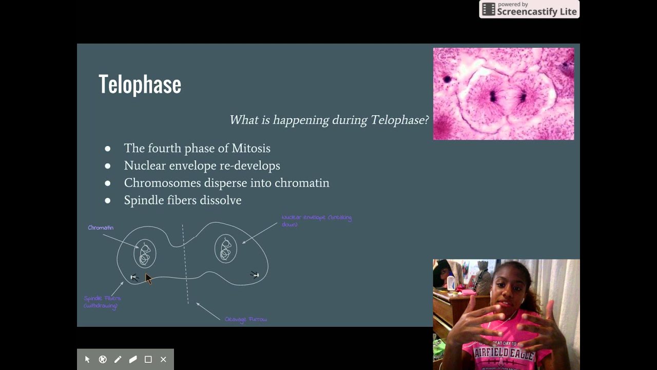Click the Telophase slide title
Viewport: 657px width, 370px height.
click(140, 84)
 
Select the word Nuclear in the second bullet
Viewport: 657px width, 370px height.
click(143, 165)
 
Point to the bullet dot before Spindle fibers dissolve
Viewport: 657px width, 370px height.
click(107, 200)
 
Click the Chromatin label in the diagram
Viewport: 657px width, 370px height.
click(101, 228)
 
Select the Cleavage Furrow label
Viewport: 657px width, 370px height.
click(245, 319)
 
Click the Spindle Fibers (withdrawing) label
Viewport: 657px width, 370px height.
click(102, 302)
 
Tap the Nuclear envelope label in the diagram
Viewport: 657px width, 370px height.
click(316, 220)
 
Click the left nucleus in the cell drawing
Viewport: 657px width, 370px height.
click(145, 253)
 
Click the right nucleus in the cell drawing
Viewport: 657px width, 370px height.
click(225, 249)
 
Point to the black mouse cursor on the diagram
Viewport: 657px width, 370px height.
click(148, 278)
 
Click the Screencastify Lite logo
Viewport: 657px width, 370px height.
click(529, 9)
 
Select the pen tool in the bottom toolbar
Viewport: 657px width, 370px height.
click(118, 359)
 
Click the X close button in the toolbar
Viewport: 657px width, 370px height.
click(163, 359)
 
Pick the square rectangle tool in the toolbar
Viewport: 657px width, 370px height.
click(148, 359)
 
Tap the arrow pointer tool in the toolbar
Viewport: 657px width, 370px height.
click(87, 359)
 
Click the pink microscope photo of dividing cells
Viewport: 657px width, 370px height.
click(503, 94)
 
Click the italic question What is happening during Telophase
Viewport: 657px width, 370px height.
click(328, 120)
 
